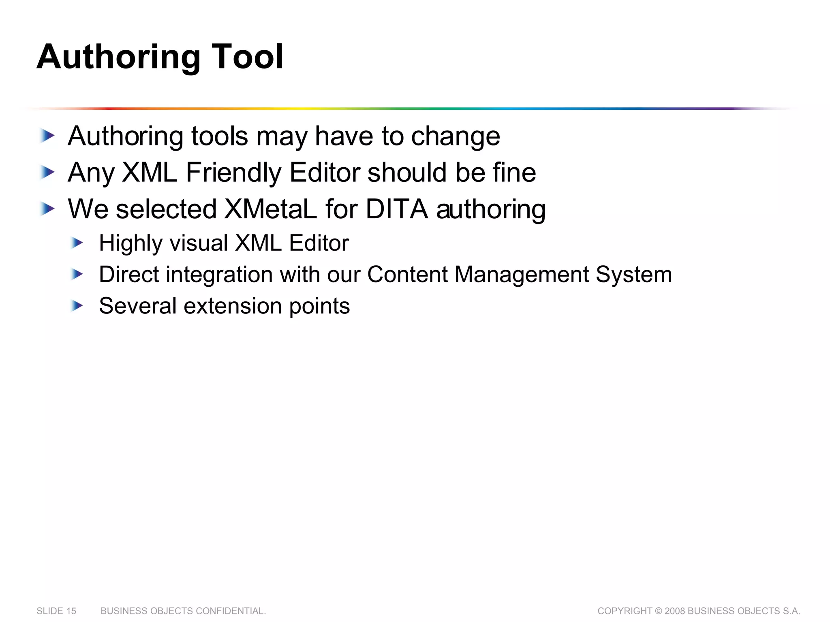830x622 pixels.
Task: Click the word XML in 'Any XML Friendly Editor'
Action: [149, 173]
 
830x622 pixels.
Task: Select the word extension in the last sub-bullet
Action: [233, 306]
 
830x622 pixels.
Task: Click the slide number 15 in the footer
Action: [71, 611]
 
